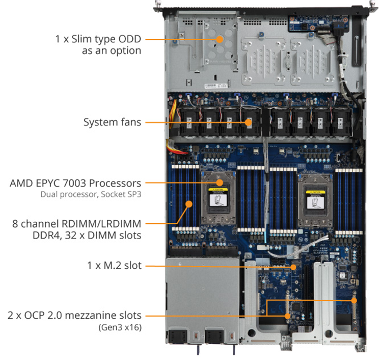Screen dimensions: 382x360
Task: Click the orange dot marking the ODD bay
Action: click(220, 39)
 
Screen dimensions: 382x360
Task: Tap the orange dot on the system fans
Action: click(248, 122)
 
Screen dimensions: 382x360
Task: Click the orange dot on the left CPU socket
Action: click(220, 183)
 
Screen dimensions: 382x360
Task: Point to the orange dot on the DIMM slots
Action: click(189, 204)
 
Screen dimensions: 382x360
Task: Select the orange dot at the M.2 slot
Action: click(293, 267)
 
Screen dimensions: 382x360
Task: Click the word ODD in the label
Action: click(129, 39)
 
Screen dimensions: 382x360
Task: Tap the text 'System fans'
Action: click(113, 122)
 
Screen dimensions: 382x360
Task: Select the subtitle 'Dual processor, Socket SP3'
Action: click(91, 194)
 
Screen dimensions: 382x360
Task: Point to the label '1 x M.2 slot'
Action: click(114, 265)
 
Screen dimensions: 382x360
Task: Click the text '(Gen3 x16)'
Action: click(120, 327)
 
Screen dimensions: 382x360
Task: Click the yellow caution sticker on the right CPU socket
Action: click(315, 192)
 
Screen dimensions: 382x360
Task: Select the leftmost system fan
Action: click(189, 121)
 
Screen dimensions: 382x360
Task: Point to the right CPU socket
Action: click(315, 200)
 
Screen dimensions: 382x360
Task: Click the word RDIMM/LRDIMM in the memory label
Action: click(101, 224)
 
